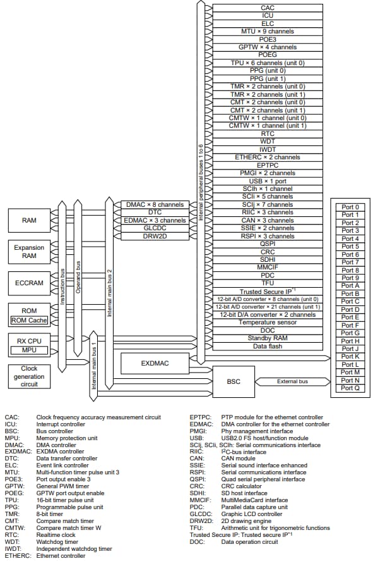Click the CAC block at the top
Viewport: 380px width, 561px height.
[x=267, y=8]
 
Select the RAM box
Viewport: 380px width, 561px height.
[x=29, y=220]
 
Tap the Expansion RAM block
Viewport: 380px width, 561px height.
[x=29, y=251]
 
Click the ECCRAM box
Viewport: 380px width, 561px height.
[x=29, y=283]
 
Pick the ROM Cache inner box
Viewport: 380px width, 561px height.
[x=29, y=321]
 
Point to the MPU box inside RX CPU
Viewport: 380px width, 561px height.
[x=29, y=350]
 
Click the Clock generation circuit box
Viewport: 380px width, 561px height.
[x=29, y=376]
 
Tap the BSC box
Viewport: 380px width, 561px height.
[x=233, y=381]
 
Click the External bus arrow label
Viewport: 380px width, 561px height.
[x=292, y=381]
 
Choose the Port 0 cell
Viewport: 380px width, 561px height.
[x=350, y=207]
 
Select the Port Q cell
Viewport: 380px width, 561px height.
[x=350, y=388]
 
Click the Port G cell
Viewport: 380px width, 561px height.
[x=350, y=333]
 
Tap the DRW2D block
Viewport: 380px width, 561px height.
[x=155, y=236]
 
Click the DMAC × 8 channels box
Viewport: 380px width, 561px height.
[x=155, y=205]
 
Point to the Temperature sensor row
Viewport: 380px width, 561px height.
[x=267, y=323]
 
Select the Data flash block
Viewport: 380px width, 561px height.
[x=267, y=346]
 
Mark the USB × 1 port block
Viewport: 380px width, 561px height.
[x=267, y=181]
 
